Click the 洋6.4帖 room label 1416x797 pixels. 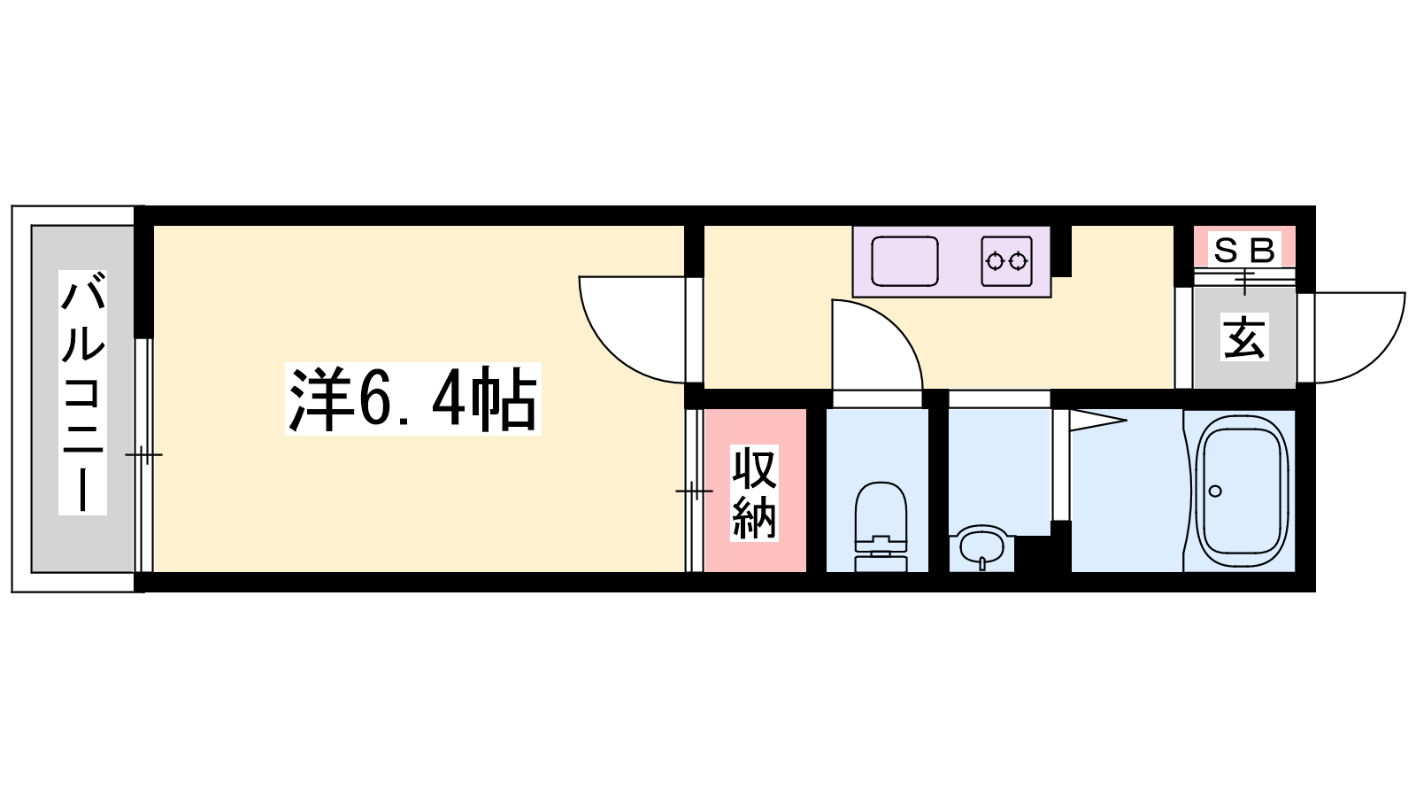tap(413, 398)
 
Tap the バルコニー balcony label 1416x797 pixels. tap(83, 392)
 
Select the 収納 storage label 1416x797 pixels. tap(754, 492)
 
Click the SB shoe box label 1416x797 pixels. tap(1244, 250)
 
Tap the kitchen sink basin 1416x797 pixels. tap(904, 261)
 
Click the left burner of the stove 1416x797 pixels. tap(995, 260)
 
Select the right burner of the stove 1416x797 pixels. tap(1018, 260)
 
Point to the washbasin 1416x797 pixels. tap(981, 546)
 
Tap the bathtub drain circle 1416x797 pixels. tap(1214, 491)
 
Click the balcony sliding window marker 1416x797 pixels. tap(144, 455)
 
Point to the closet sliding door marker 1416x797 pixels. tap(694, 491)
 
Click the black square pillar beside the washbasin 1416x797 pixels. tap(1034, 554)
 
